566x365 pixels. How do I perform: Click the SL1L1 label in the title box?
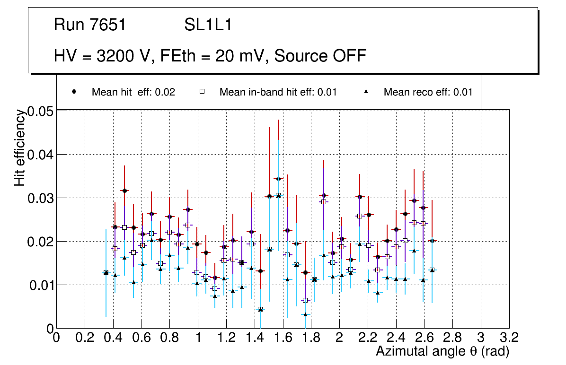coord(208,25)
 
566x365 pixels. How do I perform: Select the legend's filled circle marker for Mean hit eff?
coord(74,92)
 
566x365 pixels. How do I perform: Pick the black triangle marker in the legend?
coord(366,92)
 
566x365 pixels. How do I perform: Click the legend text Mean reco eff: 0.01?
coord(428,92)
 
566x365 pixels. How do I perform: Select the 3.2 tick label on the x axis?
coord(509,338)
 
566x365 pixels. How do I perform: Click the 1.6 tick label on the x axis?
coord(283,338)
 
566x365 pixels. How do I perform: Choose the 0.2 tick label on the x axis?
coord(85,338)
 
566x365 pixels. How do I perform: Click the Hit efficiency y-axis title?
coord(20,148)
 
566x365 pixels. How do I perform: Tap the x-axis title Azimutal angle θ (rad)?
coord(442,351)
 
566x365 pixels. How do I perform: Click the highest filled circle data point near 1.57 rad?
coord(278,179)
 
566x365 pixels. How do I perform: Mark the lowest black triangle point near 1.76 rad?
coord(305,314)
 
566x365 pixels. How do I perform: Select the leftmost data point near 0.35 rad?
coord(106,273)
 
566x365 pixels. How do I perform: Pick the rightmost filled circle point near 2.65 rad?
coord(432,241)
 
